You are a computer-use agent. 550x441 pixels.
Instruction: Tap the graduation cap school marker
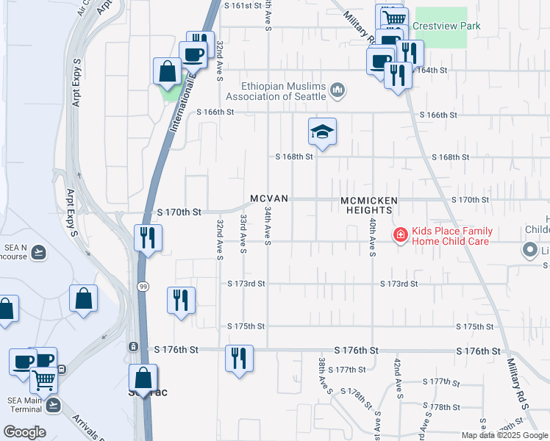pyautogui.click(x=322, y=132)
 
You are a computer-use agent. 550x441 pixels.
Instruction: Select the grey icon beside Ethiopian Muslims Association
pyautogui.click(x=337, y=90)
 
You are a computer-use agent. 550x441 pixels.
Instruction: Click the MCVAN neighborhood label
pyautogui.click(x=268, y=199)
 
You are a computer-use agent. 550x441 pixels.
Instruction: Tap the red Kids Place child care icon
pyautogui.click(x=400, y=236)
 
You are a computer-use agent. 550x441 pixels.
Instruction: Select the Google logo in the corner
pyautogui.click(x=24, y=432)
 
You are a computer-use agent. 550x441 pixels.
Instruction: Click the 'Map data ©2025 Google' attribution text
pyautogui.click(x=504, y=435)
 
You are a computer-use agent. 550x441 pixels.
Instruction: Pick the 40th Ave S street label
pyautogui.click(x=373, y=237)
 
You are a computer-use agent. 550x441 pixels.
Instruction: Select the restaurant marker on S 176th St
pyautogui.click(x=239, y=359)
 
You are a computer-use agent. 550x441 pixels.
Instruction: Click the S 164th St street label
pyautogui.click(x=430, y=71)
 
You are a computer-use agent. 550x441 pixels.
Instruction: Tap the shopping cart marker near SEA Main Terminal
pyautogui.click(x=44, y=380)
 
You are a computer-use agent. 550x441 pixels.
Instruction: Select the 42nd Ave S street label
pyautogui.click(x=398, y=376)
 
